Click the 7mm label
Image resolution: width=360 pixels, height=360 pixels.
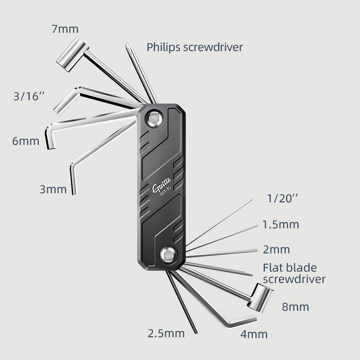click(65, 29)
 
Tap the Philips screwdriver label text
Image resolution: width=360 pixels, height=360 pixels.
click(195, 47)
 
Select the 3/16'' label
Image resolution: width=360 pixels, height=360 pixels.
click(29, 97)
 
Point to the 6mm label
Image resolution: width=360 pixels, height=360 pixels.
click(26, 141)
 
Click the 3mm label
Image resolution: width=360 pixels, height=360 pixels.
click(53, 189)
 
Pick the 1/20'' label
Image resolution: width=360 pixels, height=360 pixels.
click(283, 199)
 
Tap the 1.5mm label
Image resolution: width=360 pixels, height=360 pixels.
click(281, 224)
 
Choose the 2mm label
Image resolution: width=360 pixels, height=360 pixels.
click(276, 250)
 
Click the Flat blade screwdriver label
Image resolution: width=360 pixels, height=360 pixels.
click(294, 273)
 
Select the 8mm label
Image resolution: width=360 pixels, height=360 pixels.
click(295, 307)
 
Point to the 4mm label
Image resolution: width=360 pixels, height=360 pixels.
click(254, 334)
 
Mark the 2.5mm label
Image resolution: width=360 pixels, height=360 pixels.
click(166, 333)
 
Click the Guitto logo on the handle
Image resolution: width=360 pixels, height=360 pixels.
click(161, 186)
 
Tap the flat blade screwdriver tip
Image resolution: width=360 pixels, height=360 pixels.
click(250, 275)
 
